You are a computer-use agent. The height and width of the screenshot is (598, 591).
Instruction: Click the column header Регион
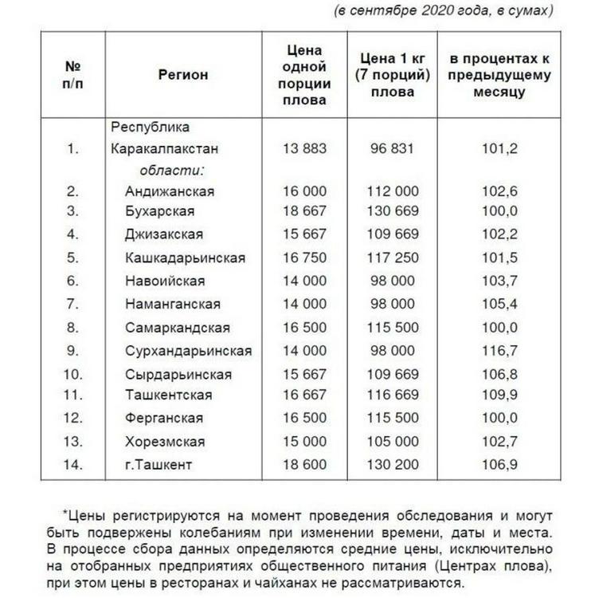click(x=182, y=75)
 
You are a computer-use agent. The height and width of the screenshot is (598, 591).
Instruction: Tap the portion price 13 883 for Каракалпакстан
click(x=304, y=149)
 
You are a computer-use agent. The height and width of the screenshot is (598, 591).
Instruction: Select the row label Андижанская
click(x=169, y=191)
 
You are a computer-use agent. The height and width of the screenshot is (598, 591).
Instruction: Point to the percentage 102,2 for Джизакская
click(x=501, y=234)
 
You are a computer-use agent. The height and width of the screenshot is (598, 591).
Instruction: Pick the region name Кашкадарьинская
click(x=185, y=258)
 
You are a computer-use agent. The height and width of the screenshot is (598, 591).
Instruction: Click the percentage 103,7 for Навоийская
click(x=501, y=281)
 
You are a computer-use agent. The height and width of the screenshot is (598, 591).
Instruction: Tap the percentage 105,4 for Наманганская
click(x=501, y=304)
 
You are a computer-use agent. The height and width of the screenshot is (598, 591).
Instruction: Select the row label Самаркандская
click(x=177, y=328)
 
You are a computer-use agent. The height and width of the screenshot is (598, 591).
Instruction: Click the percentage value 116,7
click(x=501, y=351)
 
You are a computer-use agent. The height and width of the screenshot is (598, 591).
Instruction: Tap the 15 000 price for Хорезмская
click(x=304, y=442)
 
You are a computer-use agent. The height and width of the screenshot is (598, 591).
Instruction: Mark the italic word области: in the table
click(x=173, y=170)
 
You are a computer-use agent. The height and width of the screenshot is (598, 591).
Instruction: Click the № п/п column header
click(x=73, y=75)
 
